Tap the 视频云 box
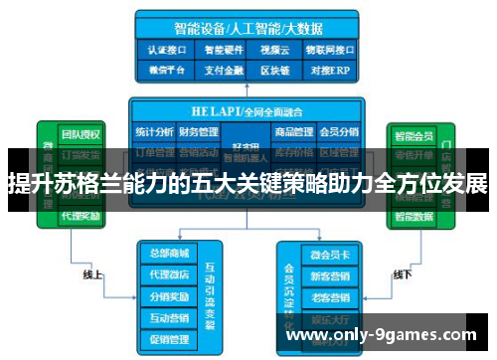click(271, 47)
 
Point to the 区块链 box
click(271, 70)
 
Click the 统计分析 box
click(154, 131)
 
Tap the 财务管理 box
click(200, 131)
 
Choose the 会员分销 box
click(338, 131)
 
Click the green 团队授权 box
click(80, 134)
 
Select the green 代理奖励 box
click(80, 216)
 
